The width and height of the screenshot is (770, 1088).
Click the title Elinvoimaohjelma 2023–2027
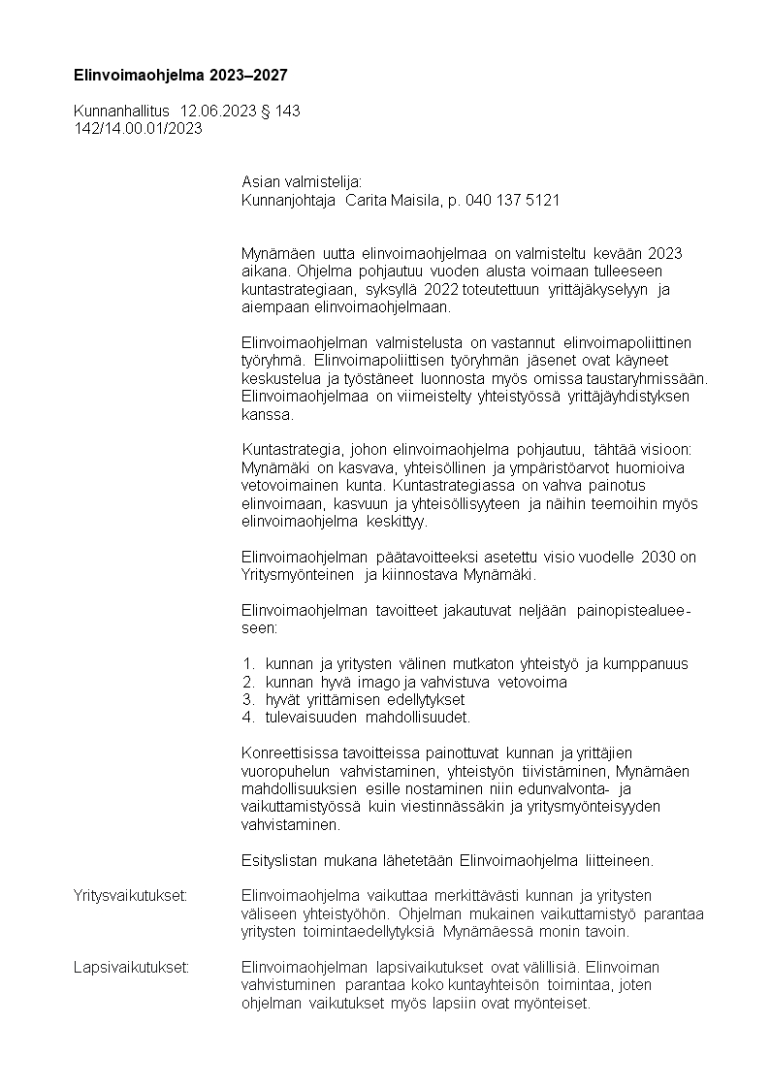coord(180,75)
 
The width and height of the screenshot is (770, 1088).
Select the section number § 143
coord(280,112)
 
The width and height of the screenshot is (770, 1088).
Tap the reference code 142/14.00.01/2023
coord(138,128)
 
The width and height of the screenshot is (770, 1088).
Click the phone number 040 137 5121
coord(512,201)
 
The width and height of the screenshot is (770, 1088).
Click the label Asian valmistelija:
coord(301,183)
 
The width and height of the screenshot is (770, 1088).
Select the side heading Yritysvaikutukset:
coord(130,894)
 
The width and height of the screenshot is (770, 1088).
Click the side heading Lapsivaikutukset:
coord(131,967)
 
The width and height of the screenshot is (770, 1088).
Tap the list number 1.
coord(247,664)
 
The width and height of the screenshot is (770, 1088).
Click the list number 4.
coord(247,718)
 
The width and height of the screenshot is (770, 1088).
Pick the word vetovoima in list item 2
coord(532,682)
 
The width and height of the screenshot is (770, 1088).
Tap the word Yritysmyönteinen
coord(298,575)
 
